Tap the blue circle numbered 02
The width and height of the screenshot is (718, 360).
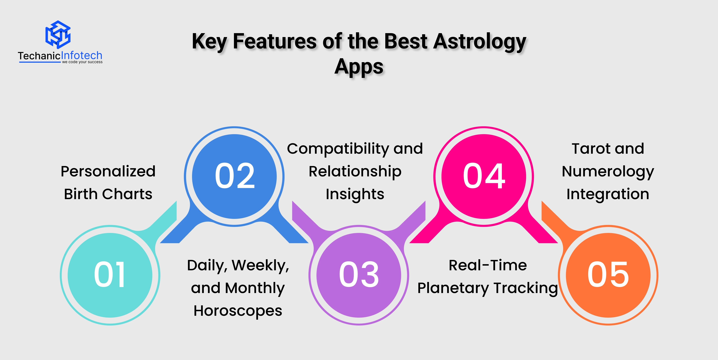pyautogui.click(x=234, y=177)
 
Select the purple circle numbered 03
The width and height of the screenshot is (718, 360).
pyautogui.click(x=359, y=275)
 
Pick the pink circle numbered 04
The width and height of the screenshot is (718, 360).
pyautogui.click(x=484, y=177)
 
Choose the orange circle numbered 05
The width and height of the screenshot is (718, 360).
pyautogui.click(x=608, y=275)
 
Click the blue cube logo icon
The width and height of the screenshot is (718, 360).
pyautogui.click(x=58, y=34)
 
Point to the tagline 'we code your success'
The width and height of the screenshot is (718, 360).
pyautogui.click(x=82, y=62)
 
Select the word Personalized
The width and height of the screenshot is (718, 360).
pyautogui.click(x=108, y=171)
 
